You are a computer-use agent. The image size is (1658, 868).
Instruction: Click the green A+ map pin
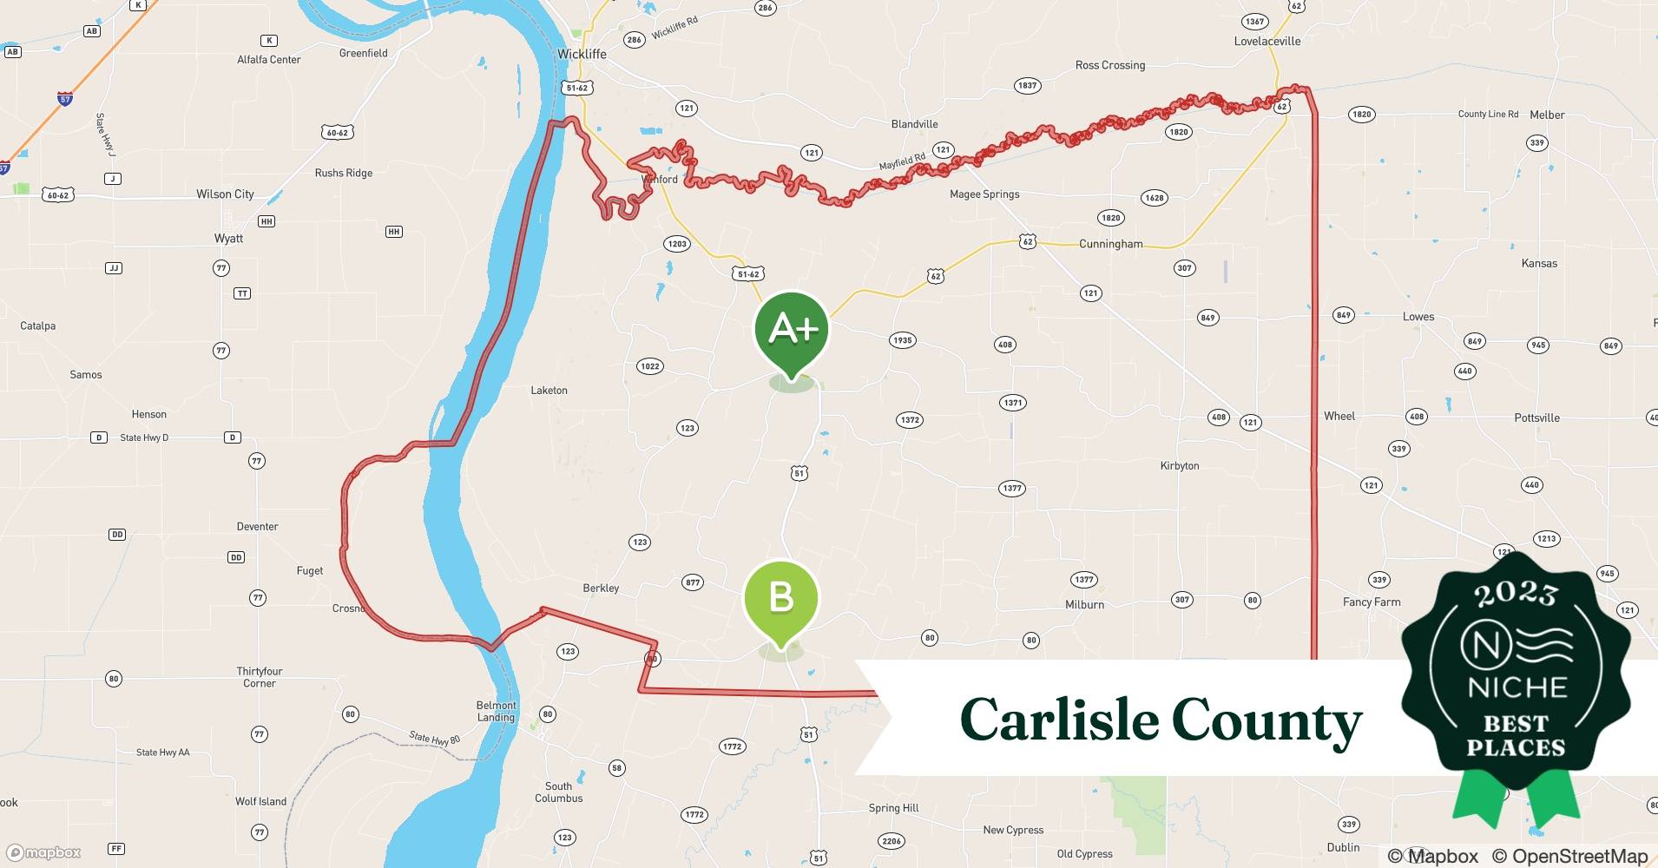[791, 329]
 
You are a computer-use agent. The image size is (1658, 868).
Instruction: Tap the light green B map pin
[780, 599]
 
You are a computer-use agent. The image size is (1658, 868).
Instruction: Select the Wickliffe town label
[582, 54]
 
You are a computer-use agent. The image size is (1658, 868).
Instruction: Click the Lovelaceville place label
[1267, 41]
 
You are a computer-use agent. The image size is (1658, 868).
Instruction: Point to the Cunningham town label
[1110, 244]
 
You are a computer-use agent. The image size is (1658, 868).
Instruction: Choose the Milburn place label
[1084, 604]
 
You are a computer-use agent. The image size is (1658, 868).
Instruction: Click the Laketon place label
[549, 391]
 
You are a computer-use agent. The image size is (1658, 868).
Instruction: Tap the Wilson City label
[225, 194]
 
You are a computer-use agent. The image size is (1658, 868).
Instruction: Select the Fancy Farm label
[1371, 602]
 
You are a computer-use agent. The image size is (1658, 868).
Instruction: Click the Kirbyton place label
[1179, 466]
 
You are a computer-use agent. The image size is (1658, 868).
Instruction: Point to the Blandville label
[914, 124]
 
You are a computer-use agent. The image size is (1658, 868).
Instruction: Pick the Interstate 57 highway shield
[65, 99]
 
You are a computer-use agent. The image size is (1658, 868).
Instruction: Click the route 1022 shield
[649, 366]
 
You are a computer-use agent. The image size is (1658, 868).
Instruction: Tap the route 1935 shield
[902, 340]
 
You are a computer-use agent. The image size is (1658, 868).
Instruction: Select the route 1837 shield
[1027, 86]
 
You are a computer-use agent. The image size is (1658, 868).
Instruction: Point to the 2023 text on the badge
[1516, 594]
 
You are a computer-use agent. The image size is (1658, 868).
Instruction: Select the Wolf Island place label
[260, 801]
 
